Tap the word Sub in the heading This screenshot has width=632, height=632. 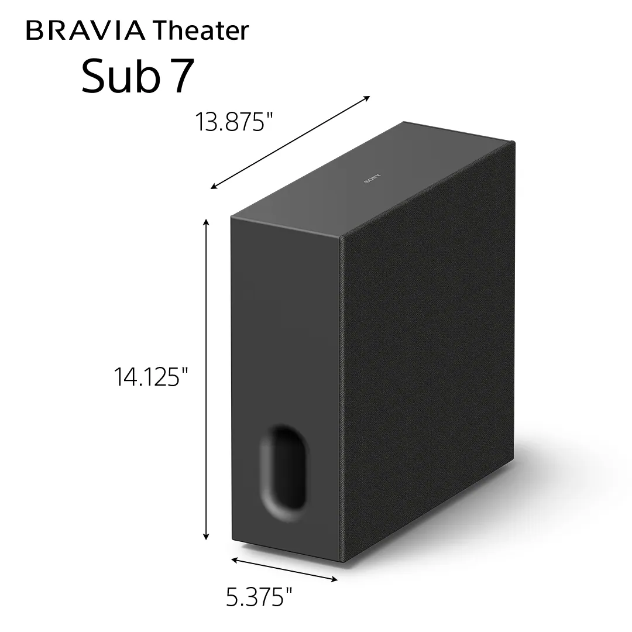[x=120, y=76]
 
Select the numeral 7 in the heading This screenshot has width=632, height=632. [x=181, y=77]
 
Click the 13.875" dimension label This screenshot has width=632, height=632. [x=234, y=123]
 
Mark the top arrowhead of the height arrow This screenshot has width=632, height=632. [x=206, y=222]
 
